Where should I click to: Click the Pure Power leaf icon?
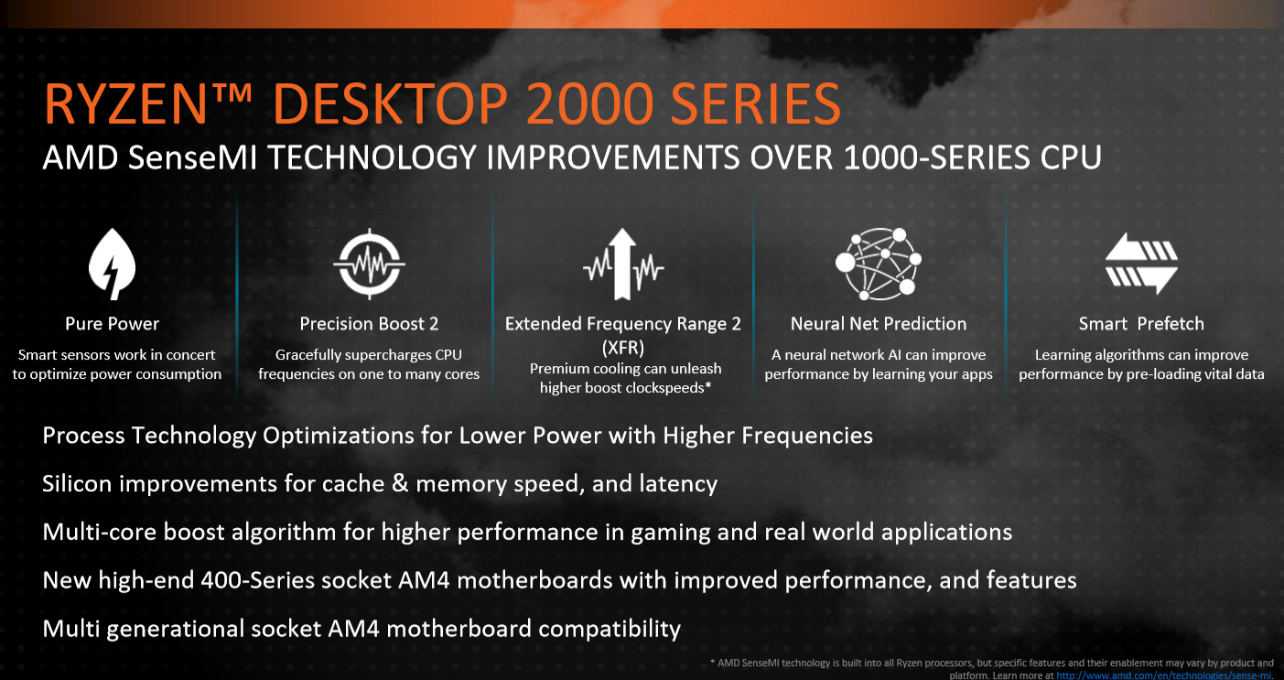[112, 264]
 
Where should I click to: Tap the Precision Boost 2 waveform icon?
[369, 264]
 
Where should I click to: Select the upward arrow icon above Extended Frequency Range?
[623, 264]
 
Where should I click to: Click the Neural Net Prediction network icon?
[879, 264]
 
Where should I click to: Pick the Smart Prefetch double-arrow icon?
[1141, 264]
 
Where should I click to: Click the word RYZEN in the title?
[125, 104]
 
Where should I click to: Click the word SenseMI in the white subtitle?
[192, 157]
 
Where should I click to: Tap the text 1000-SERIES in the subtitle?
[937, 157]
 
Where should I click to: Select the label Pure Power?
[112, 324]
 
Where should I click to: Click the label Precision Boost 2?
[369, 324]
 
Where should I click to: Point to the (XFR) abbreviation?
[623, 348]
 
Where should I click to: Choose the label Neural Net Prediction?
[879, 324]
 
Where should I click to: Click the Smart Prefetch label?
[1141, 324]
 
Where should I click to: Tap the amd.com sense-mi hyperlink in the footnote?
[1163, 675]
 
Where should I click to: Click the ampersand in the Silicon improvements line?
[400, 484]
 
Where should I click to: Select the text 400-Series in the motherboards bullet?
[257, 580]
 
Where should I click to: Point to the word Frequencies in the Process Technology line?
[807, 436]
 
